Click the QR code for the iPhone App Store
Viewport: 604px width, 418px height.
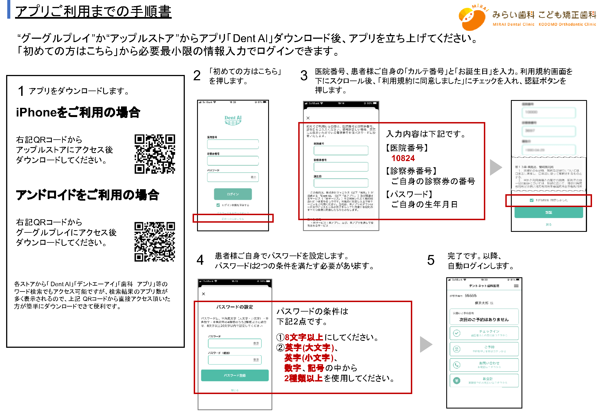coord(155,154)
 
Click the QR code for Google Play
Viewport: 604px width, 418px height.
coord(155,242)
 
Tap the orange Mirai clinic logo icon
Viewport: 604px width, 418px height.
coord(472,18)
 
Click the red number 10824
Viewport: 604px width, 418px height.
coord(403,158)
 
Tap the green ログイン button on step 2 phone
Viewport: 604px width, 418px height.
coord(233,194)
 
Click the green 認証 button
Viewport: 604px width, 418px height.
coord(548,212)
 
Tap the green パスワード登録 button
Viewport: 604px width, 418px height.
coord(235,375)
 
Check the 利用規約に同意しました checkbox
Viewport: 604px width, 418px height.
coord(531,200)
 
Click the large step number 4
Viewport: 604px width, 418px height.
coord(200,260)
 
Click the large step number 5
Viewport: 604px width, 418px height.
coord(431,260)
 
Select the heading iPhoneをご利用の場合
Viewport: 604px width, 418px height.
coord(78,112)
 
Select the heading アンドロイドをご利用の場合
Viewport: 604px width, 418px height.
coord(87,195)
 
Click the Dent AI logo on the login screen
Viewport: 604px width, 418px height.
coord(233,120)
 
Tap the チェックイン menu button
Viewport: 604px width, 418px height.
coord(484,333)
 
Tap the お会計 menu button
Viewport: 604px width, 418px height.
coord(484,380)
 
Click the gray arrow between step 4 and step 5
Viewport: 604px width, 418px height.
coord(426,344)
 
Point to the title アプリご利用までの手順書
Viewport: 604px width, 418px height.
coord(93,12)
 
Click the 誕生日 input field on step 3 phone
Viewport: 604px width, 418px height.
coord(341,183)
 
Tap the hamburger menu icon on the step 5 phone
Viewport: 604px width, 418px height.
coord(516,286)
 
